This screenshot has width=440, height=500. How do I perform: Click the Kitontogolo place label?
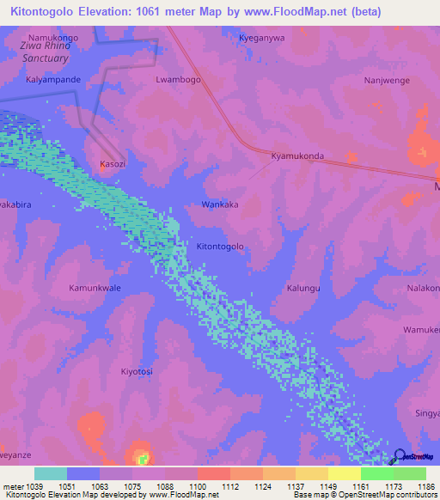[x=221, y=247]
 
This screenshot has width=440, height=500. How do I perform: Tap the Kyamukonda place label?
[x=297, y=156]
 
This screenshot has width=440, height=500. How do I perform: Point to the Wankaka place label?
[x=219, y=204]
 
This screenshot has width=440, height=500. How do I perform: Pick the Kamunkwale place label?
[x=95, y=288]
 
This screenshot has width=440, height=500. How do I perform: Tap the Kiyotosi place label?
[x=137, y=371]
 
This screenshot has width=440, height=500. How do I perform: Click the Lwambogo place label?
[x=178, y=80]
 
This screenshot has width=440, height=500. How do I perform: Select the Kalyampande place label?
[x=53, y=80]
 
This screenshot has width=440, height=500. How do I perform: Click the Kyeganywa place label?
[x=262, y=39]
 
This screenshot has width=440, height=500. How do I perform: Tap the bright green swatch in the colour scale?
[x=376, y=473]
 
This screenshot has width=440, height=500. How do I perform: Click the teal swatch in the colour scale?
[x=50, y=473]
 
